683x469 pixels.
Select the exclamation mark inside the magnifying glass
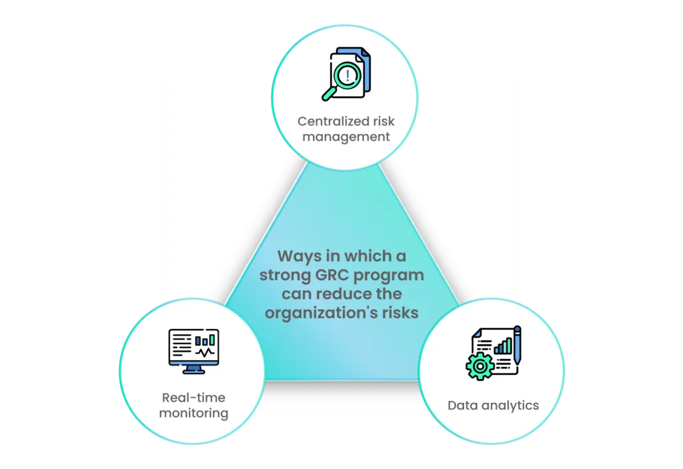(x=347, y=73)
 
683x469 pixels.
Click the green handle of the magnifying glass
(x=329, y=93)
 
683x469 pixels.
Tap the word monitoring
(x=193, y=413)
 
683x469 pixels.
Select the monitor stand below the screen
(x=193, y=368)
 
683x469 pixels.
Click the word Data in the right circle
(x=462, y=405)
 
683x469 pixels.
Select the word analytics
(x=508, y=405)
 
